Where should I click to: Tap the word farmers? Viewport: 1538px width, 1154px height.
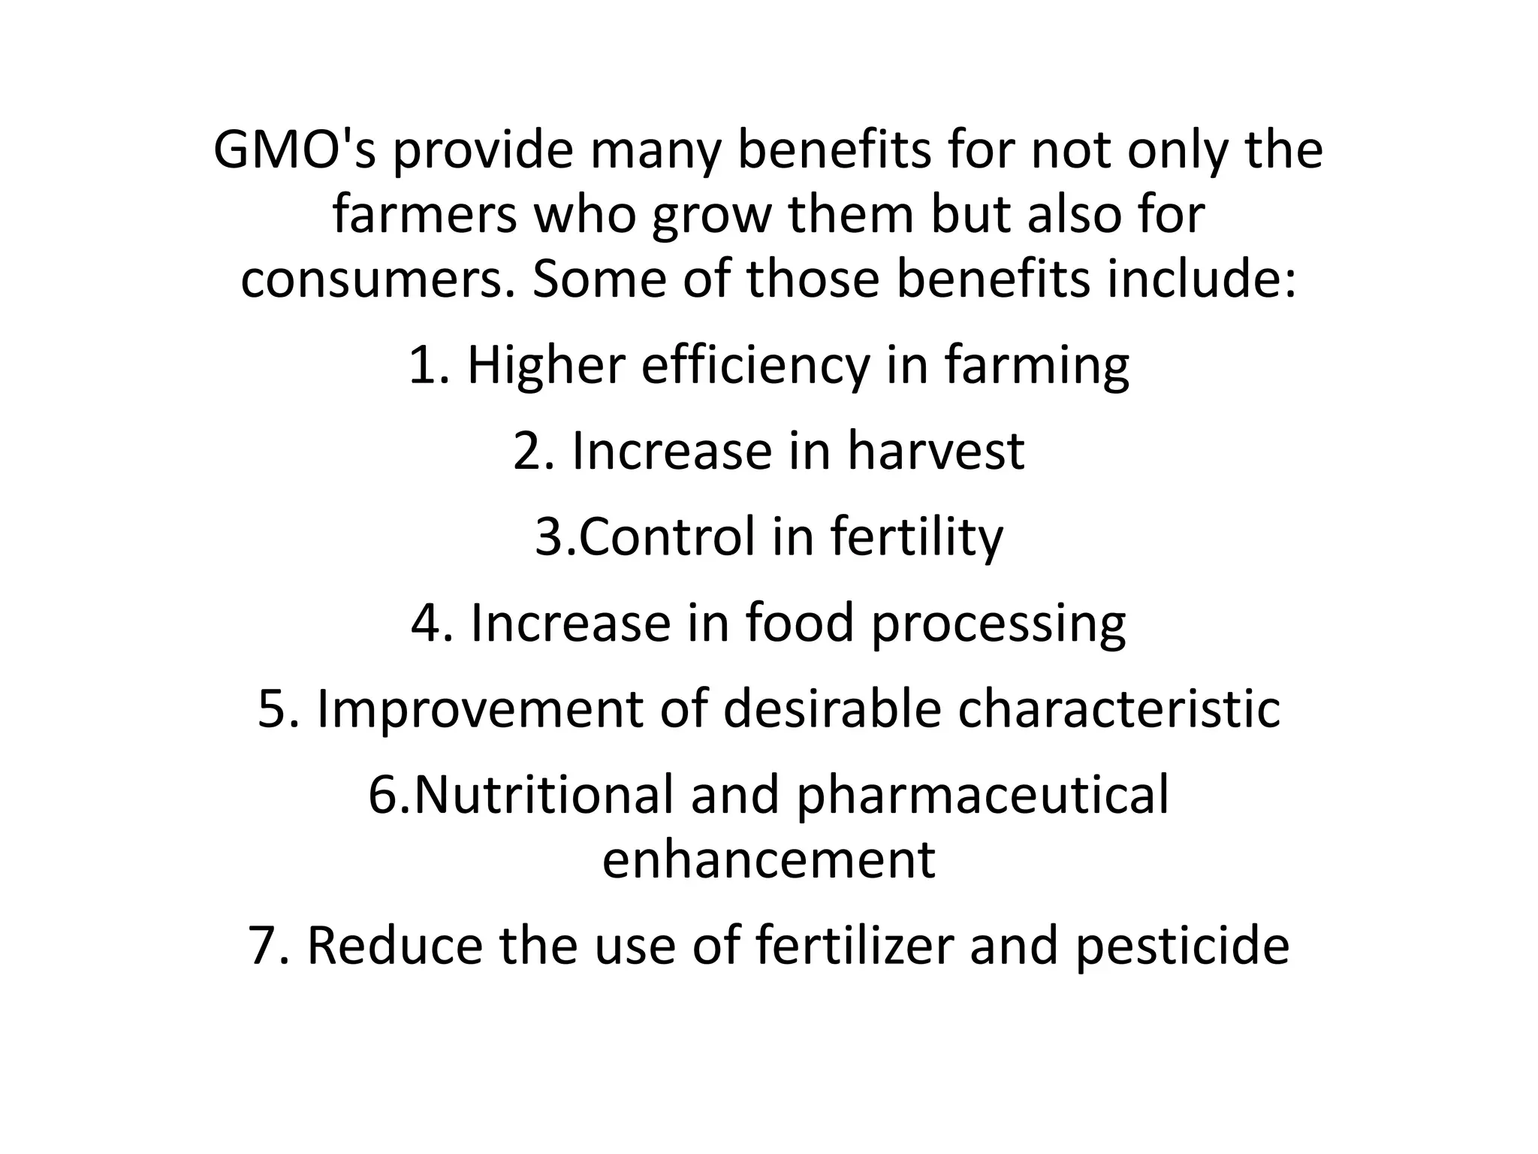tap(425, 215)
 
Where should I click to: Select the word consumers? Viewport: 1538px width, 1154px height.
tap(378, 279)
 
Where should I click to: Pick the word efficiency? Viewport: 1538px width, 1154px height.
tap(754, 367)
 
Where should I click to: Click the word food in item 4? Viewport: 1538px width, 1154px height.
tap(800, 624)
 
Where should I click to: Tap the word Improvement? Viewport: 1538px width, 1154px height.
tap(480, 710)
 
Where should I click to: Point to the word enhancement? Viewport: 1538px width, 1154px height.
tap(768, 860)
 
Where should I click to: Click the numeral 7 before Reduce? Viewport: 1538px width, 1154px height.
tap(264, 947)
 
